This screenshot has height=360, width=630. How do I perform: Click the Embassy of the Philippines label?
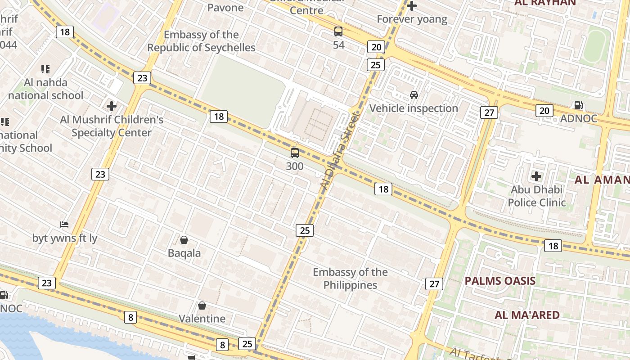(x=350, y=279)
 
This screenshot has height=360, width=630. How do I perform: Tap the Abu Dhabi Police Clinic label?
(x=536, y=196)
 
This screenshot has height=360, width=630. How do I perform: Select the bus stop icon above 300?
(x=295, y=153)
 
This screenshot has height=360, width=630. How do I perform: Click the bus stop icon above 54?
(x=338, y=31)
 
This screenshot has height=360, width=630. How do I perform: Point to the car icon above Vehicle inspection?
(x=414, y=95)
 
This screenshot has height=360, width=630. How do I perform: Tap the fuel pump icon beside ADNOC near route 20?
(x=578, y=105)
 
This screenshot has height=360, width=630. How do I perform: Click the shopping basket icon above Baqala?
(x=184, y=240)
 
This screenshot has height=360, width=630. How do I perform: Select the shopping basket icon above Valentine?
(x=202, y=306)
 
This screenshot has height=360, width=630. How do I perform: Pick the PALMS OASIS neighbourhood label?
(x=500, y=281)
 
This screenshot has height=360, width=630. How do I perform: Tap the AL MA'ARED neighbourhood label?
(x=527, y=315)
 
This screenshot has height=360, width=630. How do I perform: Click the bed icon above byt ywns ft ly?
(x=64, y=224)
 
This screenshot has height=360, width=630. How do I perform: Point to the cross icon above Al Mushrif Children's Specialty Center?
(x=112, y=106)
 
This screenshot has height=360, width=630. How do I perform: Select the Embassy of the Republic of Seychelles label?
(x=201, y=41)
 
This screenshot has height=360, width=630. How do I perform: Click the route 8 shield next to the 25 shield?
(x=222, y=345)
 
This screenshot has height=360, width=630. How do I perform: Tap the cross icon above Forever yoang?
(x=411, y=6)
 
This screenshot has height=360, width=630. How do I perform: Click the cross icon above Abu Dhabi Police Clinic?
(x=536, y=176)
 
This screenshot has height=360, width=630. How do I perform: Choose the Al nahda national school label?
(x=45, y=89)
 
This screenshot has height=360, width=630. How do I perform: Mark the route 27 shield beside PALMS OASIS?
(x=434, y=283)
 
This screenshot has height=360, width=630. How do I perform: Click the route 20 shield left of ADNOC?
(x=544, y=110)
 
